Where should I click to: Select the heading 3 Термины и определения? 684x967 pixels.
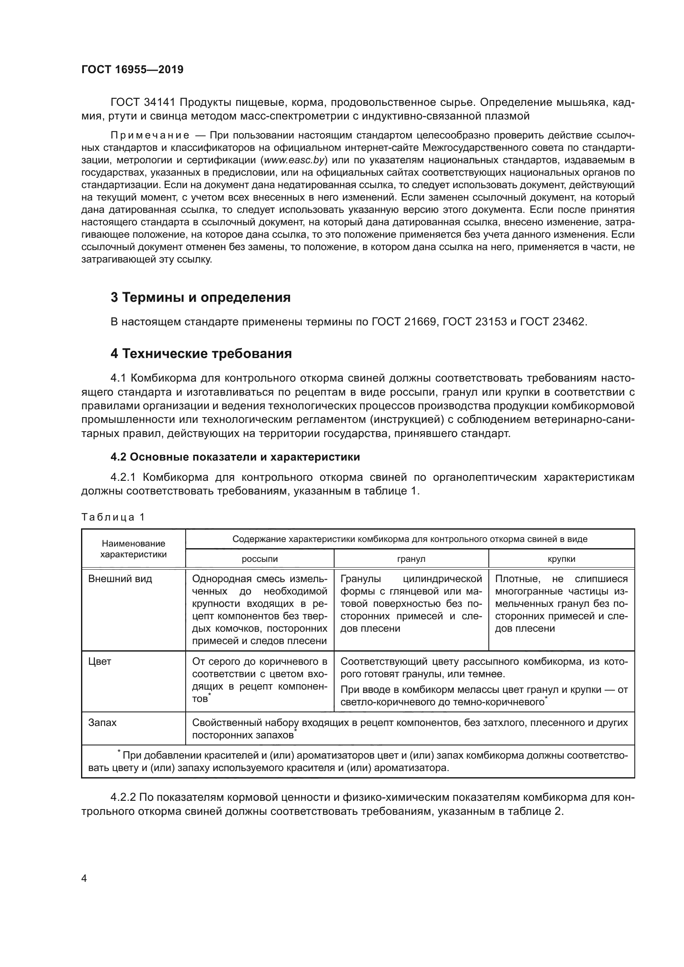tap(201, 297)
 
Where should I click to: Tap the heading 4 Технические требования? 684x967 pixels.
tap(201, 353)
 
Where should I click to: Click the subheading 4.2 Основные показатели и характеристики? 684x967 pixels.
tap(235, 457)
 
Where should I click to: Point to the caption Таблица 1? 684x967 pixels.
tap(113, 517)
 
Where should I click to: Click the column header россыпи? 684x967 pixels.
tap(259, 559)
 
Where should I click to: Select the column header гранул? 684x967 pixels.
tap(411, 559)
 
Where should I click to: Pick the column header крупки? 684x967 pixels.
tap(561, 559)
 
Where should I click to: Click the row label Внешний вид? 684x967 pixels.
tap(120, 579)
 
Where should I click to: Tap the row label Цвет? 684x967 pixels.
tap(99, 661)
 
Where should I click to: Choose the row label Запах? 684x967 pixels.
tap(102, 723)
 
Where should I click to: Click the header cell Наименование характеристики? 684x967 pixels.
tap(133, 549)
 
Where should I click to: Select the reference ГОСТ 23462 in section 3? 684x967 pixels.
tap(552, 322)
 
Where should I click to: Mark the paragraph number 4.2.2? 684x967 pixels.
tap(123, 797)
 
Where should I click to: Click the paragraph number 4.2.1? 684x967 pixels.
tap(123, 477)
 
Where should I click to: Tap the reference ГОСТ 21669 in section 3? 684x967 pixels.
tap(404, 322)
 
